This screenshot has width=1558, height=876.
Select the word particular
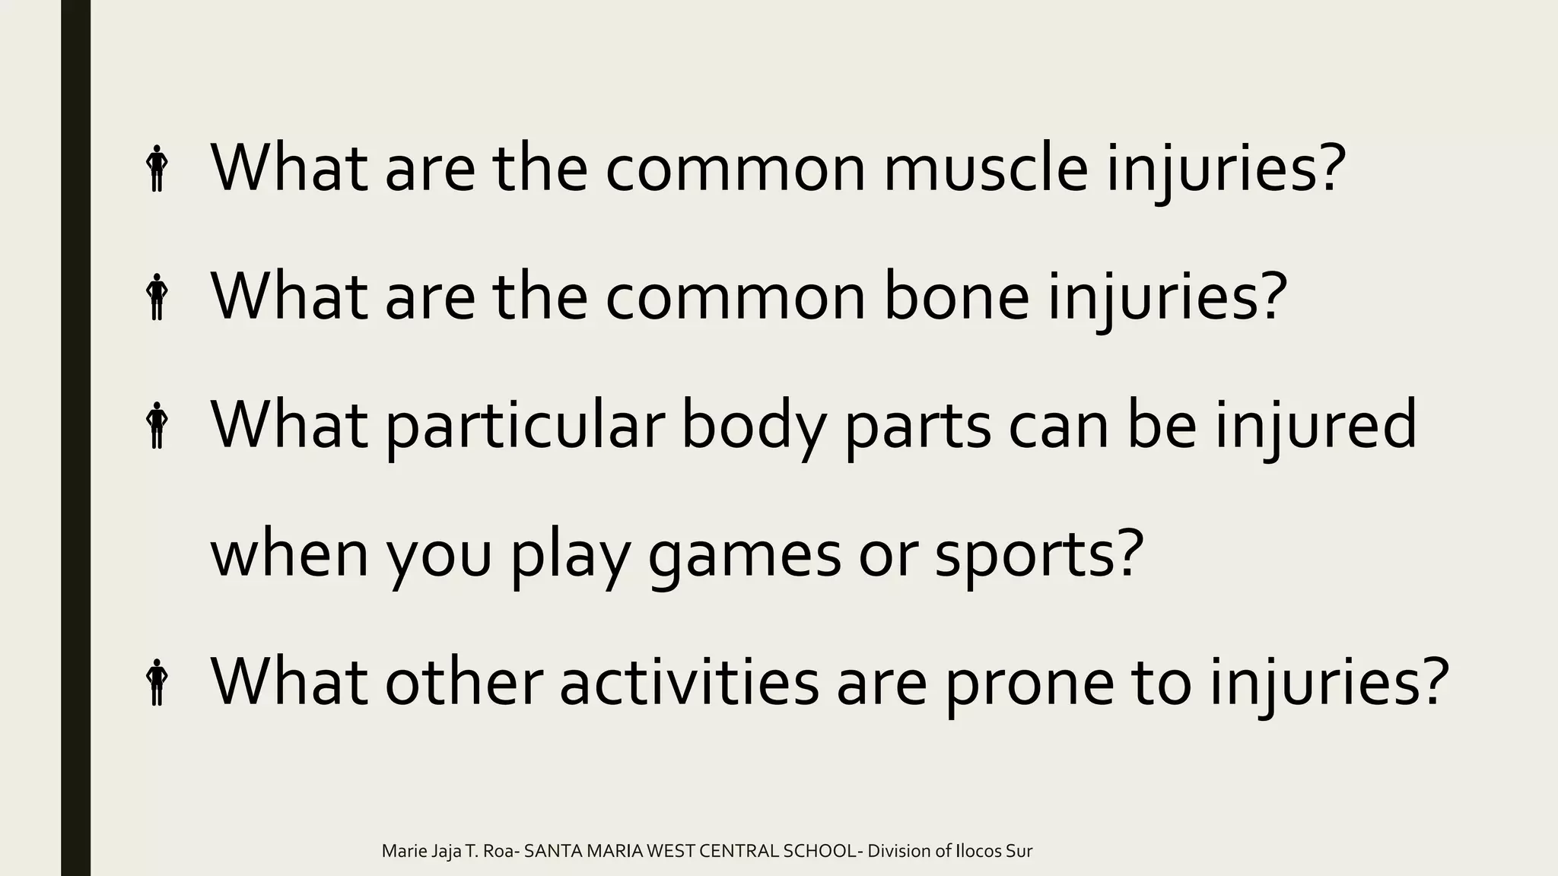524,426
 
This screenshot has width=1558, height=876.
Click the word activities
688,682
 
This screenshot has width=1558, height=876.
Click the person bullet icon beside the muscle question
157,169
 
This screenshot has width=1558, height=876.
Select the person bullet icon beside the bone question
157,297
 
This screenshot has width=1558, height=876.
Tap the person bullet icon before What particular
157,425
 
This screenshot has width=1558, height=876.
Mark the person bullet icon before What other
157,682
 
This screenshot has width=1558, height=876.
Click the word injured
1315,426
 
